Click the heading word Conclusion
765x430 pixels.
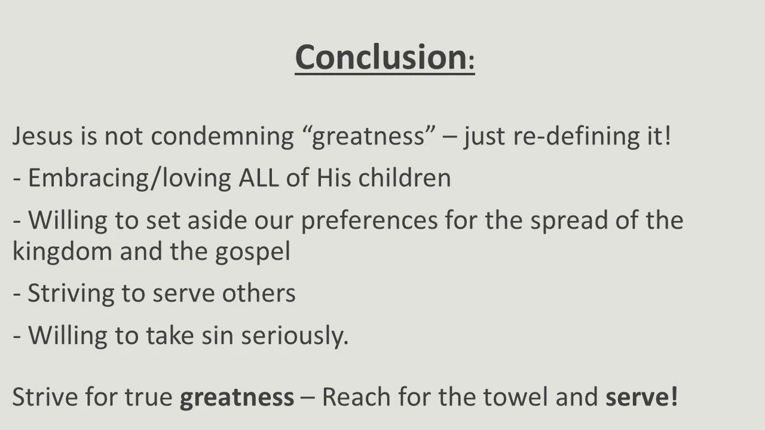[380, 57]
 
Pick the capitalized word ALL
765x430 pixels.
[258, 178]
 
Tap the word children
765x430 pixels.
[404, 178]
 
